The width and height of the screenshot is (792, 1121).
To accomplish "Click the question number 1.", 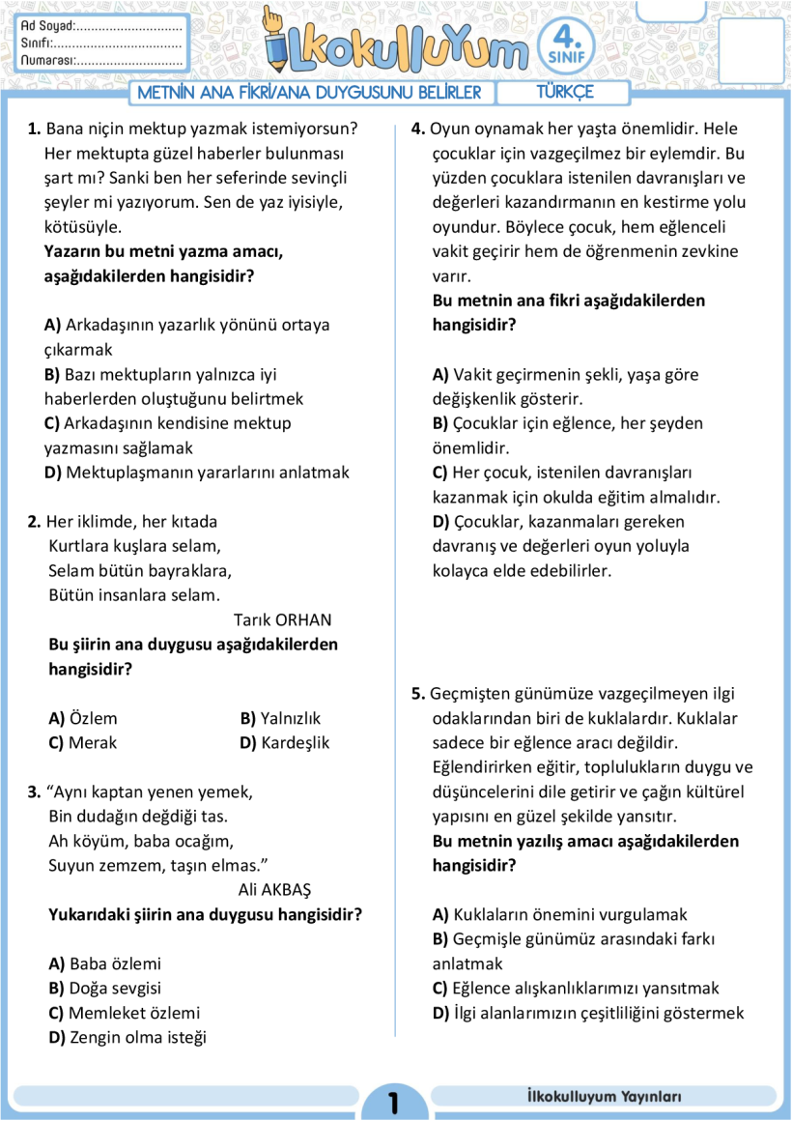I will click(35, 129).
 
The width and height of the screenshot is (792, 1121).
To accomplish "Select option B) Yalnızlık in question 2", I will click(280, 718).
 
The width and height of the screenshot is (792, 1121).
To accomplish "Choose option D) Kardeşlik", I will click(284, 743).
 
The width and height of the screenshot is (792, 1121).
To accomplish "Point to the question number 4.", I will click(418, 129).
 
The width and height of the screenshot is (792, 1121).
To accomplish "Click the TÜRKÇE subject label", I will click(565, 93).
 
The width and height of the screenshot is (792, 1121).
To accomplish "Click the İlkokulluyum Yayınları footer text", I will click(599, 1097).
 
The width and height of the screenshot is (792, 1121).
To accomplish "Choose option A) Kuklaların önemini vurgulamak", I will click(559, 914).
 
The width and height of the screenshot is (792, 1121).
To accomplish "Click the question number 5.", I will click(418, 694).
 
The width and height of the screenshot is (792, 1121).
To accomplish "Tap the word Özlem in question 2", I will click(94, 718).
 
